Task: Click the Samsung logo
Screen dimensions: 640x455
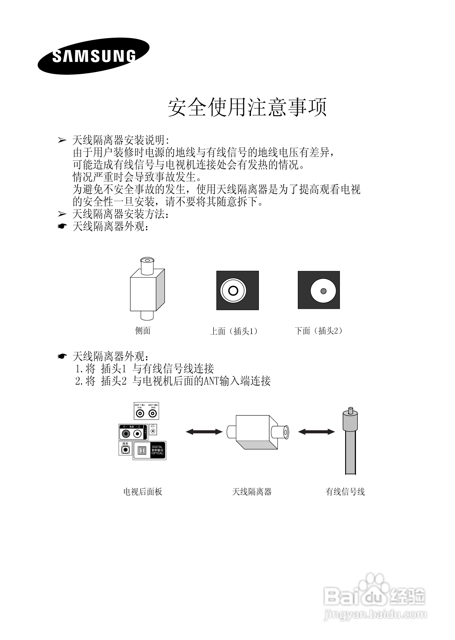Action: click(x=94, y=56)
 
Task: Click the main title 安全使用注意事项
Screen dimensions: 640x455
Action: click(x=247, y=107)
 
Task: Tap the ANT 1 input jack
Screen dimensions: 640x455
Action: click(x=140, y=413)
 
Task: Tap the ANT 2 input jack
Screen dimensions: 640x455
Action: click(x=153, y=413)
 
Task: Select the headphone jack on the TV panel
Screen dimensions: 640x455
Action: click(x=153, y=431)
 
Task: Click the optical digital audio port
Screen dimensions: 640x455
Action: click(x=142, y=451)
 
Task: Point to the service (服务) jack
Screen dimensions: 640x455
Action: click(x=125, y=450)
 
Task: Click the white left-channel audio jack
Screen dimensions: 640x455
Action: click(x=137, y=434)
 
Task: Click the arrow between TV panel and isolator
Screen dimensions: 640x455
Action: click(x=204, y=432)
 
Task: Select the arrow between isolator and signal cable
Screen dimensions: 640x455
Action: click(x=316, y=432)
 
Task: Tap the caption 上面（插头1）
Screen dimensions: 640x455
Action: click(x=234, y=331)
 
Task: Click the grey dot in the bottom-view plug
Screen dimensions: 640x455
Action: click(x=323, y=291)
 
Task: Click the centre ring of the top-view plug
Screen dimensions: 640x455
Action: click(x=233, y=291)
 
